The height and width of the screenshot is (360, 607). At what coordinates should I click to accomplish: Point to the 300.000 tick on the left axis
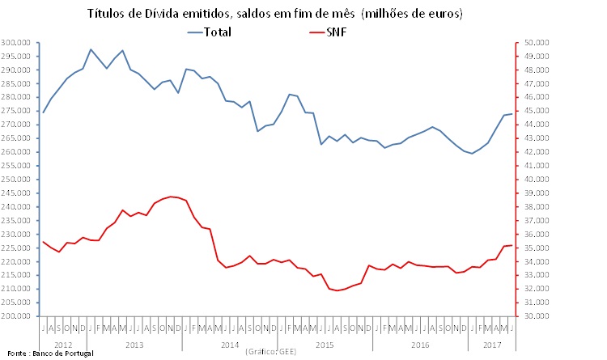(x=16, y=42)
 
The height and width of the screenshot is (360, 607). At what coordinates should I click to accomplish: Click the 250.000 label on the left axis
(x=16, y=180)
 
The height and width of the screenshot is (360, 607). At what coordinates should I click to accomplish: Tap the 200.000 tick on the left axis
(x=16, y=316)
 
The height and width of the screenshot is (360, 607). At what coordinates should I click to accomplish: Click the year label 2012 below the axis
(x=62, y=344)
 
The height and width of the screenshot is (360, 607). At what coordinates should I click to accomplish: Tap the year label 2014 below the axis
(x=229, y=344)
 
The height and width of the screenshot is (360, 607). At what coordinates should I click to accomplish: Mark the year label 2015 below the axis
(x=325, y=344)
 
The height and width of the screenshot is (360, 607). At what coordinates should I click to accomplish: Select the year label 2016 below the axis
(x=420, y=344)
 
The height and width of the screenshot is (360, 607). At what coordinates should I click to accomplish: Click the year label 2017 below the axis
(x=491, y=344)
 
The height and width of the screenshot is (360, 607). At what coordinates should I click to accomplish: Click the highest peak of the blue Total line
(x=91, y=49)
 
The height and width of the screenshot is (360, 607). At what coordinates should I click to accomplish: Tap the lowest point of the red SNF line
(x=337, y=290)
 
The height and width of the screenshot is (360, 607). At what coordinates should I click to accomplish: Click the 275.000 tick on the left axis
(x=16, y=111)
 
